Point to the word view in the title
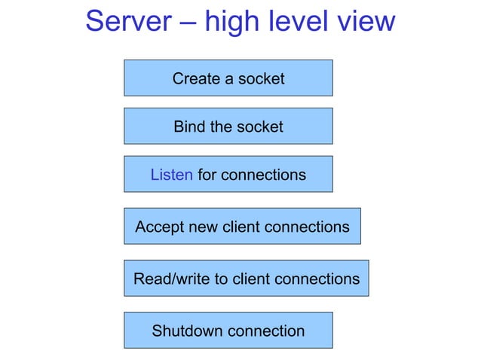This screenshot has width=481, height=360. pos(367,21)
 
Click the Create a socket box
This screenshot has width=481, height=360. pos(228,78)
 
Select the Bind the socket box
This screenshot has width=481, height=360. pos(228,127)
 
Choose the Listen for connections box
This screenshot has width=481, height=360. pos(228,175)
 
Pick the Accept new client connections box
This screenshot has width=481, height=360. pos(242,226)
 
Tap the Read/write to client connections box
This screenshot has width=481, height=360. pos(246,279)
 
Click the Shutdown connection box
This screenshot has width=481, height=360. pos(228,331)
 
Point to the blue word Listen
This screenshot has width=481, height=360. pos(171,175)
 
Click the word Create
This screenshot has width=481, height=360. pos(195,78)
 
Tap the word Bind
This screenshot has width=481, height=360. pos(188,127)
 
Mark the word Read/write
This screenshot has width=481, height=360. pos(172,279)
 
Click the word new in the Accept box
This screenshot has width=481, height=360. pos(204,227)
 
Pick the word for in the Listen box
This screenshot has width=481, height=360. pos(207,175)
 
